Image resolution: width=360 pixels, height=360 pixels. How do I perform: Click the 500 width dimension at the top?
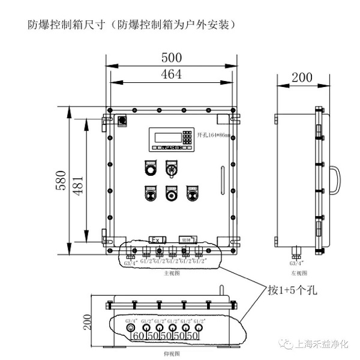click(x=172, y=58)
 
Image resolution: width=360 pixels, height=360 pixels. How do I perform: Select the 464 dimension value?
click(x=172, y=74)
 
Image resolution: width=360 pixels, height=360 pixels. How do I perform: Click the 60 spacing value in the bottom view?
click(x=138, y=337)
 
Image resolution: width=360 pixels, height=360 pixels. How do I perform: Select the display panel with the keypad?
click(x=172, y=139)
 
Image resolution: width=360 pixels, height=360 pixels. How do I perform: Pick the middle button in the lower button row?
click(x=171, y=194)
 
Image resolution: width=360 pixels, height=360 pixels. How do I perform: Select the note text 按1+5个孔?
click(x=292, y=291)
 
